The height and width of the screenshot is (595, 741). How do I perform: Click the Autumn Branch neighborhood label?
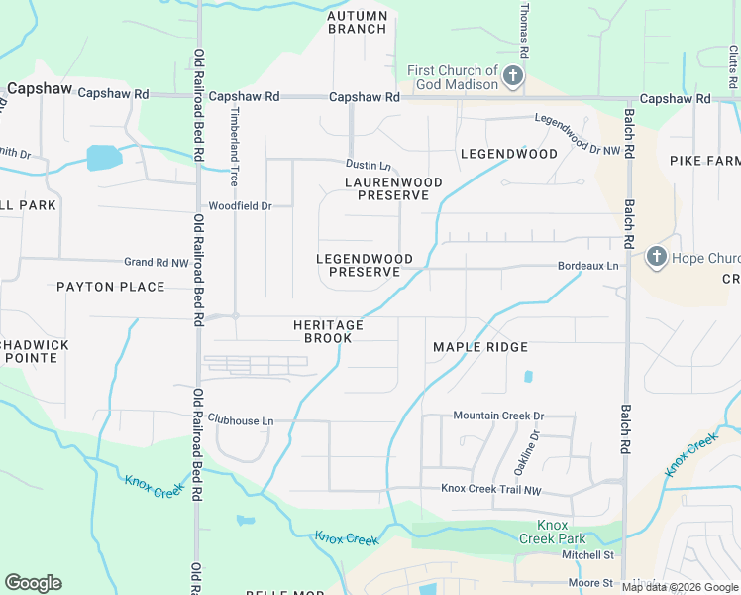pos(357,22)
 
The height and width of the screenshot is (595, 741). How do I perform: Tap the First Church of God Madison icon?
pos(512,76)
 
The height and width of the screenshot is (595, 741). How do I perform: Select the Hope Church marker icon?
pos(655,258)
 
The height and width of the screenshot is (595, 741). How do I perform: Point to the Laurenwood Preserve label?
pos(386,188)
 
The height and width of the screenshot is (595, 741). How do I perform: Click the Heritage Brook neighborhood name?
pos(328,331)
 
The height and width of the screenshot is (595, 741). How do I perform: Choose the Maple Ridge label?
pos(479,347)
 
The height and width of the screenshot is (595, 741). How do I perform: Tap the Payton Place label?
pos(110,287)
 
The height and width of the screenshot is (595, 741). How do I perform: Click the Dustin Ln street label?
pos(368,164)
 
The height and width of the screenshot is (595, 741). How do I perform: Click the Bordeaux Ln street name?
pos(587,266)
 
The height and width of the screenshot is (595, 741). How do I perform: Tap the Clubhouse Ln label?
pos(241,420)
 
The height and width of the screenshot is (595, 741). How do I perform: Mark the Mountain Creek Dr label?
pos(498,416)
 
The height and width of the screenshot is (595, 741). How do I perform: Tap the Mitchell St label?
pos(589,555)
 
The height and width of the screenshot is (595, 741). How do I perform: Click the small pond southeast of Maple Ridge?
pos(527,377)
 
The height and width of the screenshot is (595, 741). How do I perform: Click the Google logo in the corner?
pos(33,583)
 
